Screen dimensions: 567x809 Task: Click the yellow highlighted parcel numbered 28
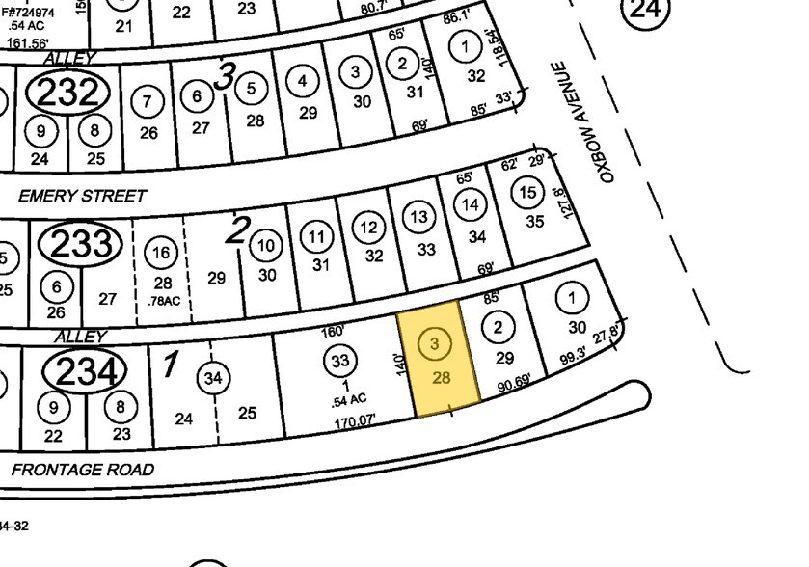[x=440, y=362]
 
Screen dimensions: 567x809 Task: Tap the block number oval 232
[x=67, y=94]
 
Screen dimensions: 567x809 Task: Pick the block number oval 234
[x=85, y=371]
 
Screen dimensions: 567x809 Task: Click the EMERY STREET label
[x=83, y=196]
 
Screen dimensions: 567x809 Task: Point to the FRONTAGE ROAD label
[x=83, y=470]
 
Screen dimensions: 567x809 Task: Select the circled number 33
[x=338, y=362]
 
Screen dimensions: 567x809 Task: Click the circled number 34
[x=212, y=378]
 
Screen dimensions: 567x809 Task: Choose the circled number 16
[x=162, y=253]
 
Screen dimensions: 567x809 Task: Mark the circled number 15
[x=526, y=192]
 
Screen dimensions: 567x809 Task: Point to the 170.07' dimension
[x=357, y=420]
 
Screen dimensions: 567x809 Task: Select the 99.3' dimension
[x=576, y=361]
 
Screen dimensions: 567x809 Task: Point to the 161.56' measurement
[x=27, y=42]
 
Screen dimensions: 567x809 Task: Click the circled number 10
[x=266, y=246]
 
